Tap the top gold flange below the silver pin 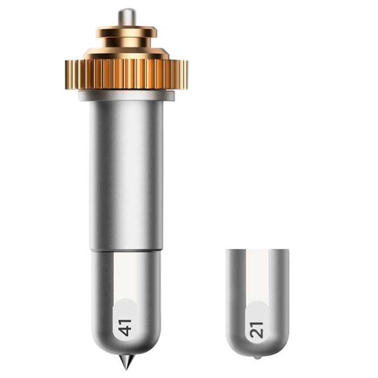[126, 31]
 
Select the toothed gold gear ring [126, 76]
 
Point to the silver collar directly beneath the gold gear [126, 96]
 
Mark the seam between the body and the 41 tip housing [126, 251]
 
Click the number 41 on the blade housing [126, 328]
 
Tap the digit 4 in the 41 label [126, 332]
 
